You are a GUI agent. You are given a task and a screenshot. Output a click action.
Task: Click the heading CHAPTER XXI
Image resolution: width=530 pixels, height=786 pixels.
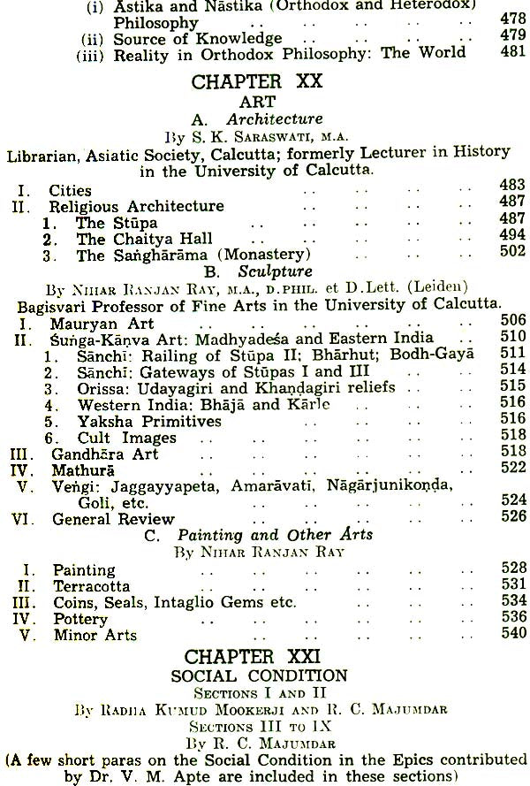click(x=264, y=658)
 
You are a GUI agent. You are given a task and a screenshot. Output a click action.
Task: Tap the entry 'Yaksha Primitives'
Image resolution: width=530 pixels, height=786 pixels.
click(x=148, y=421)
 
